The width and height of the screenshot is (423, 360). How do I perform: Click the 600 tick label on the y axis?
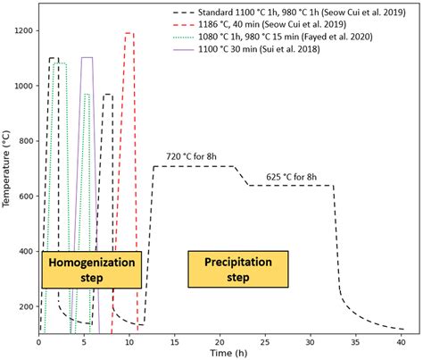tap(26, 197)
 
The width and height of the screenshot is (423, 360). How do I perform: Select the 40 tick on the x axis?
tap(402, 340)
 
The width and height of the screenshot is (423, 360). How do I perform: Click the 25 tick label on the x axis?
tap(265, 340)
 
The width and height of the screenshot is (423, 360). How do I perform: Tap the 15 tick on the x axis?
tap(175, 340)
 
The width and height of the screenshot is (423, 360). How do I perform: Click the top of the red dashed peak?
tap(129, 34)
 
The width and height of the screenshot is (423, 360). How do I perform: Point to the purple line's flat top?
tap(87, 58)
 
